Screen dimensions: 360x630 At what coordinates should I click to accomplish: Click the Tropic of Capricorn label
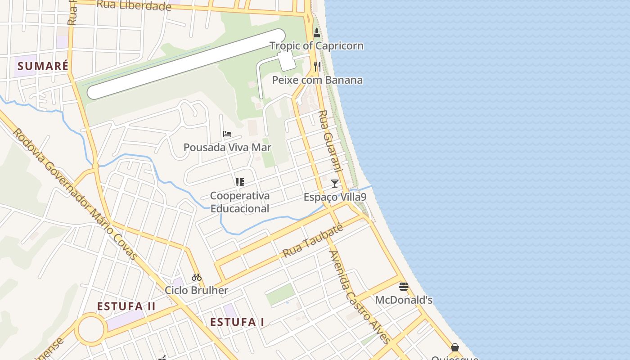tap(316, 46)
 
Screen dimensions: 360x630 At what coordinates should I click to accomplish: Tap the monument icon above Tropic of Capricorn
tap(317, 33)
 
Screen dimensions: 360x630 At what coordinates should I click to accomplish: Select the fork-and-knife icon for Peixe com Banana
tap(317, 67)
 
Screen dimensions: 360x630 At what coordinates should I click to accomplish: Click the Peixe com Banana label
tap(317, 80)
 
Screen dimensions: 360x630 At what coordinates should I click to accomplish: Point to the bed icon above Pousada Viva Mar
tap(227, 134)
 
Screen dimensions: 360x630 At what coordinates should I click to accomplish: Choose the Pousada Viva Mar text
tap(227, 147)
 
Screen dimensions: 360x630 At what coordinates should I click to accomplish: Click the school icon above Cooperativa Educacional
tap(240, 182)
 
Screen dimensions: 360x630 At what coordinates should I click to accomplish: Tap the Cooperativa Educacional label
tap(240, 202)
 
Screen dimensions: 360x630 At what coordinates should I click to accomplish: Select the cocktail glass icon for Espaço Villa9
tap(335, 183)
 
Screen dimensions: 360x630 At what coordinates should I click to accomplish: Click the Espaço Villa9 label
tap(335, 197)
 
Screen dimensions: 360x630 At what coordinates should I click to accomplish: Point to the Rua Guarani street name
tap(331, 145)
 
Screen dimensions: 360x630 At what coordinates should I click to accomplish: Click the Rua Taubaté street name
tap(313, 241)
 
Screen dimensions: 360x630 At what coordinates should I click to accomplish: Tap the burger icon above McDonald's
tap(404, 287)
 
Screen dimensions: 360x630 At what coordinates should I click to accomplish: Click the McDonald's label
tap(404, 300)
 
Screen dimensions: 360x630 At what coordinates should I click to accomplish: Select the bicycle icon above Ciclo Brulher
tap(197, 277)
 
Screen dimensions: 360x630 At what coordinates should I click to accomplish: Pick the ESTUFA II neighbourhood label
tap(126, 306)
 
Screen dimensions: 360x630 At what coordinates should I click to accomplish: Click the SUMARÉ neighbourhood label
tap(43, 66)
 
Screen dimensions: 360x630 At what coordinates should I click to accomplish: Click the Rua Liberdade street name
tap(134, 6)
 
